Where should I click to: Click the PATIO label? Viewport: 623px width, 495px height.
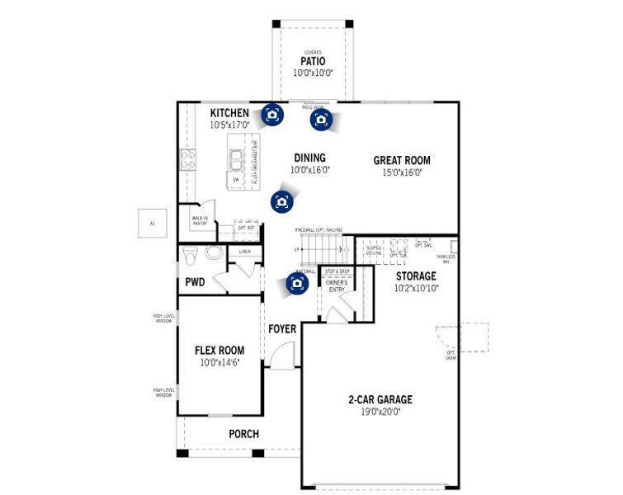[312, 61]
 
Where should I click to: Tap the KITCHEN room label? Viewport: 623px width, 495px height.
[229, 113]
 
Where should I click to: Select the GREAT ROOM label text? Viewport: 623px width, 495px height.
[401, 161]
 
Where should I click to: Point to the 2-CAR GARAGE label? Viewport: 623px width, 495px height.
[380, 400]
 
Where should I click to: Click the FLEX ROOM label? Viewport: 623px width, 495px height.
[219, 350]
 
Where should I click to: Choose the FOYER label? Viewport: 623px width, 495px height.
[282, 329]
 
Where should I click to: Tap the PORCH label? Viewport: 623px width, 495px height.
[243, 434]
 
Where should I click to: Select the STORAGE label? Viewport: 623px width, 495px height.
[416, 276]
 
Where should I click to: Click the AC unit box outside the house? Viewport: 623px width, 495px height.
[152, 223]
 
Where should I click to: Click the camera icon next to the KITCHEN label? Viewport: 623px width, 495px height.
[272, 115]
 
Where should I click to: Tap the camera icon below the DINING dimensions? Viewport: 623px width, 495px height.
[282, 200]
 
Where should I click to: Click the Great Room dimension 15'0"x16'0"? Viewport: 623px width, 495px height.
[401, 172]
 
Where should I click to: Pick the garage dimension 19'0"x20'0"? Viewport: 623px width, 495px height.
[380, 412]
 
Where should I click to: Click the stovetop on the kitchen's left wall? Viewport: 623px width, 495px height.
[187, 158]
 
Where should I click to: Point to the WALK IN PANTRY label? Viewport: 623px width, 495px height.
[200, 220]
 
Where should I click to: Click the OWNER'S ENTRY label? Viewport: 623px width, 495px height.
[337, 285]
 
